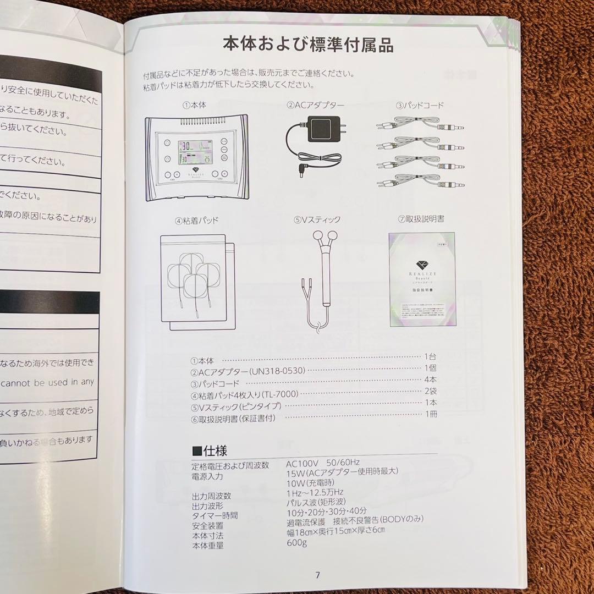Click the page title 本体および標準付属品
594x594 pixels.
tap(308, 45)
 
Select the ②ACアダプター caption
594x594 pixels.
tap(315, 105)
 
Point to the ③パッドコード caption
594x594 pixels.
tap(420, 105)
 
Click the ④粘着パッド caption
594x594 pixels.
tap(197, 221)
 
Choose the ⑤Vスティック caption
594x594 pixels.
tap(317, 219)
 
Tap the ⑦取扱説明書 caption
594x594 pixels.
tap(421, 218)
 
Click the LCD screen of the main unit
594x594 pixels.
tap(195, 152)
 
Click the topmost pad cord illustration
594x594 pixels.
tap(420, 125)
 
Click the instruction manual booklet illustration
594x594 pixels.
tap(422, 279)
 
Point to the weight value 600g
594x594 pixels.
tap(296, 543)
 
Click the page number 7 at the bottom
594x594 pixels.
tap(317, 575)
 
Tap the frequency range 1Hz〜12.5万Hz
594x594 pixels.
tap(315, 492)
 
